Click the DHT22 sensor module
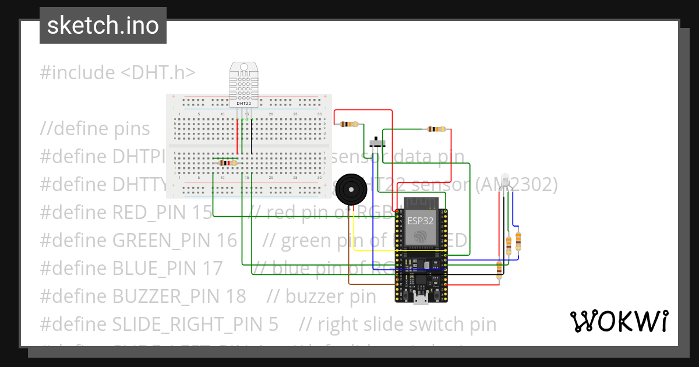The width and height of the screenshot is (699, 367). click(x=243, y=84)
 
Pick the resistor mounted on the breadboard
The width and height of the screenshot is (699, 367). click(x=226, y=164)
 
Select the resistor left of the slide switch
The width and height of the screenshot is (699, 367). click(x=350, y=124)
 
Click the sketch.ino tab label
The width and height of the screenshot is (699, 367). click(x=103, y=26)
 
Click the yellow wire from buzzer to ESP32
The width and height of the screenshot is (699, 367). click(x=373, y=250)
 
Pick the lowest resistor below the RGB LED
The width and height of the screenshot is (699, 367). click(x=499, y=269)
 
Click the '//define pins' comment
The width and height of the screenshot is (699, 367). click(x=95, y=128)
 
